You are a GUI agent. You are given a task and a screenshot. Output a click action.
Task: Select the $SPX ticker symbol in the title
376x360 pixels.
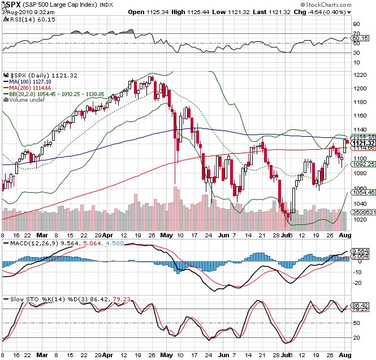[10, 5]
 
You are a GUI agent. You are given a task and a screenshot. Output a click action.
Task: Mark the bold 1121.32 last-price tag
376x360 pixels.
[360, 143]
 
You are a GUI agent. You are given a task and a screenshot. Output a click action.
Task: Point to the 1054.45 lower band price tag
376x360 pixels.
[360, 192]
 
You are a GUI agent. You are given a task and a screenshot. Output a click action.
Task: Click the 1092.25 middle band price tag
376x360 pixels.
[360, 164]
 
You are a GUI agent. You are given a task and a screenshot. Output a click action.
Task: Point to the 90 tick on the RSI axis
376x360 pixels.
[356, 24]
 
